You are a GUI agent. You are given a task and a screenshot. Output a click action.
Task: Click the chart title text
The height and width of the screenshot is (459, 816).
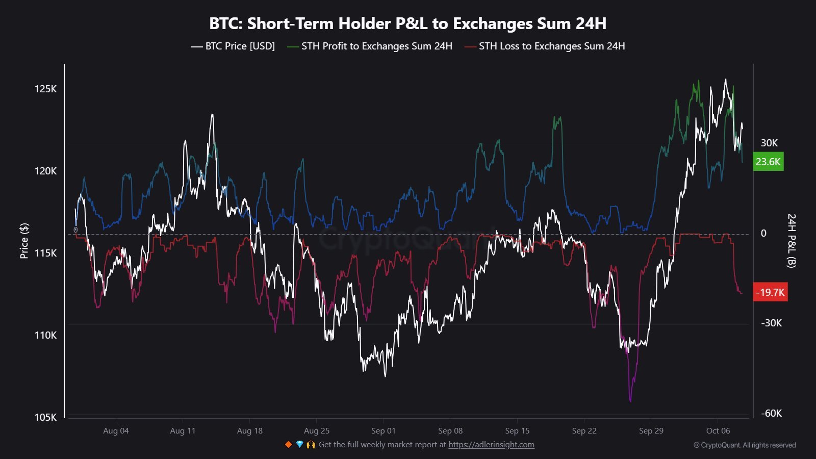[407, 23]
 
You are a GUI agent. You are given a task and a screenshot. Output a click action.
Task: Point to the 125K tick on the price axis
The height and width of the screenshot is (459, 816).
[45, 89]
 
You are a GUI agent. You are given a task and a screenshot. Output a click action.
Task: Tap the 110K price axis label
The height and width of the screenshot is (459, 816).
[45, 335]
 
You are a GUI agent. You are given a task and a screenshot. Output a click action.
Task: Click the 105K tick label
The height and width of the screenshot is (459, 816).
[45, 417]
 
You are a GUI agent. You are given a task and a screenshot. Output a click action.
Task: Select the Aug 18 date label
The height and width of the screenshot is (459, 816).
[249, 430]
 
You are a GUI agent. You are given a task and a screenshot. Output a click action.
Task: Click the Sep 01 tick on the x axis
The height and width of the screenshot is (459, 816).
[383, 430]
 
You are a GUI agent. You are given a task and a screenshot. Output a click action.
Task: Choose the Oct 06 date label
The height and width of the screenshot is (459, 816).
[718, 430]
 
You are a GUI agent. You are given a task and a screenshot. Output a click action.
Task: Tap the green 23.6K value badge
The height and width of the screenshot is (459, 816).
[768, 162]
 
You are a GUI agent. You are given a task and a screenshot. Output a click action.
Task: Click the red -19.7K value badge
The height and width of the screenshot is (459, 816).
[770, 292]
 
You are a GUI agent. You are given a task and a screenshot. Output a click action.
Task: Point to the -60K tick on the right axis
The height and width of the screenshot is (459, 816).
[771, 413]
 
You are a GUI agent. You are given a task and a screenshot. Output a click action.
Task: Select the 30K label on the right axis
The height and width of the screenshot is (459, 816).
[769, 143]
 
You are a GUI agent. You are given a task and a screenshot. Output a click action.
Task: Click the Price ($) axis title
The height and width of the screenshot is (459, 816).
[24, 241]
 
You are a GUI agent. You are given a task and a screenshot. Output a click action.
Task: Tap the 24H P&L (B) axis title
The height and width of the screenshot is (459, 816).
[791, 241]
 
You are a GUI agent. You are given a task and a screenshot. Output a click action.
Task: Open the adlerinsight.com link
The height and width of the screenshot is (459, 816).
[491, 445]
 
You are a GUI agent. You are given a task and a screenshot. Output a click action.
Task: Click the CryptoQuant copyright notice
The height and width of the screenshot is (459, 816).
[744, 445]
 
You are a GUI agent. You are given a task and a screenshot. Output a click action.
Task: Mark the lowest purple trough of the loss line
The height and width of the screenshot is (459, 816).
[630, 401]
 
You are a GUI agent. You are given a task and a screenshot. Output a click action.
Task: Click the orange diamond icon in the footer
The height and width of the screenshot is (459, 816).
[288, 445]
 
